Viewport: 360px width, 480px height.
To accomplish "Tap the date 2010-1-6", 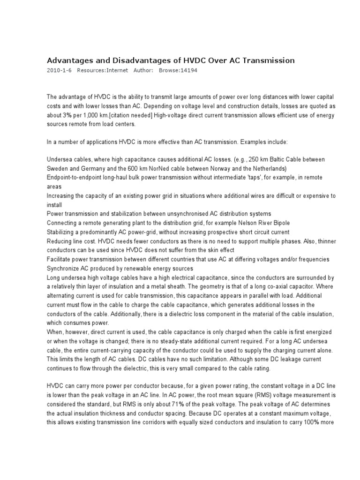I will click(x=59, y=70).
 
